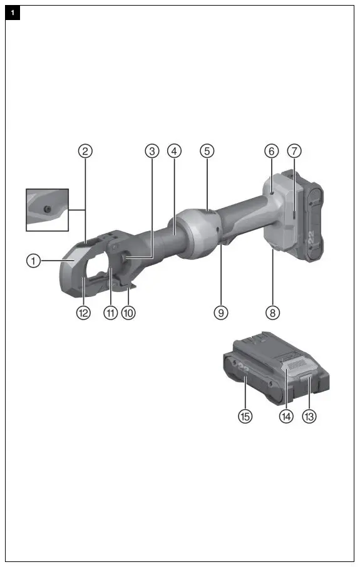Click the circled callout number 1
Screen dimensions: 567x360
click(33, 261)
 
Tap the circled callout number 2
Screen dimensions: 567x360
click(85, 150)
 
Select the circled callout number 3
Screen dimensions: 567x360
click(152, 150)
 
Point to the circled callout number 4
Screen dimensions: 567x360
click(174, 150)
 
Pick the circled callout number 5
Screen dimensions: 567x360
click(207, 150)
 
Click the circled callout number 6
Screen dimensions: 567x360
click(271, 150)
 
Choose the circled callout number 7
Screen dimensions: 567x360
click(295, 150)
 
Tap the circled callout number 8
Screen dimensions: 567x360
click(272, 312)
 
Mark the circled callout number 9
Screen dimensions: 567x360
click(221, 312)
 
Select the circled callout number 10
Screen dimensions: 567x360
click(128, 312)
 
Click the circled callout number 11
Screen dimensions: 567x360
click(111, 312)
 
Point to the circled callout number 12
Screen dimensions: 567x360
click(83, 312)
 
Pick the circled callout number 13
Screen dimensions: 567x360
click(309, 415)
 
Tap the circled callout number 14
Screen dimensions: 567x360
click(287, 415)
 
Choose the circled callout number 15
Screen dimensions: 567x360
click(245, 415)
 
